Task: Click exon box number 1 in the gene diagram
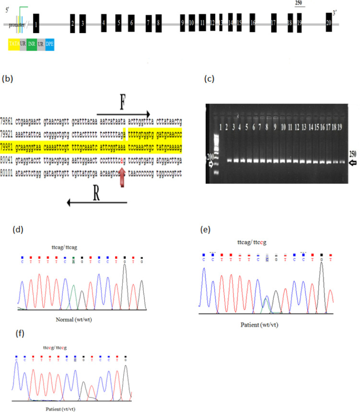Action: tap(37, 24)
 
